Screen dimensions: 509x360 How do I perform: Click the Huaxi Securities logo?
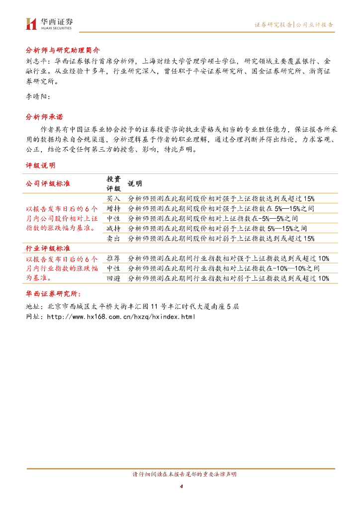tap(49, 23)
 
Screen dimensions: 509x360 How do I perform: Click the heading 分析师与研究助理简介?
tap(63, 51)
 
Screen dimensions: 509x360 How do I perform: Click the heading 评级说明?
tap(40, 165)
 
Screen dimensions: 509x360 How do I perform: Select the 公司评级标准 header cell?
tap(48, 183)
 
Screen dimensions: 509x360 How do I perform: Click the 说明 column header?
tap(135, 183)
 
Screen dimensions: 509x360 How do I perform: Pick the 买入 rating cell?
tap(113, 198)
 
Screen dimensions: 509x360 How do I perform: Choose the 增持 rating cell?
tap(113, 208)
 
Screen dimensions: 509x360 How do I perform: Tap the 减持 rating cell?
tap(113, 228)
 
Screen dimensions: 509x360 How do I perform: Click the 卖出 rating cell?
tap(113, 238)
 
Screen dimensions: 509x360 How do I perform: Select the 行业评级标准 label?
tap(48, 248)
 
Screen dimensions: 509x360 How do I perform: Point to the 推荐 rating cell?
tap(113, 258)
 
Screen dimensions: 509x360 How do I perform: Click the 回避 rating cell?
tap(113, 278)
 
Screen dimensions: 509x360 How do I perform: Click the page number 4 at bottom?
tap(181, 486)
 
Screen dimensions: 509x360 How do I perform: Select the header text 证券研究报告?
tap(273, 24)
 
